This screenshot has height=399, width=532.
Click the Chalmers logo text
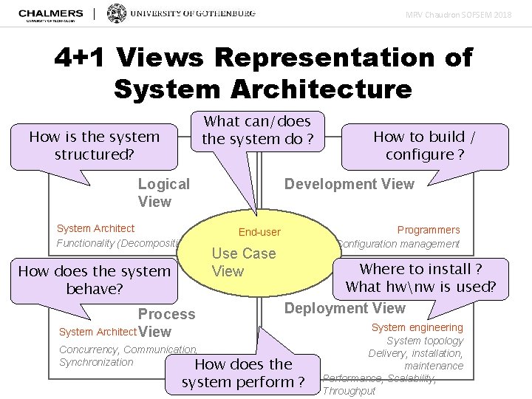50,13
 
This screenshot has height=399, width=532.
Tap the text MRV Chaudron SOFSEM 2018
468,14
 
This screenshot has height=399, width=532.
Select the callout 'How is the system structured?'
94,146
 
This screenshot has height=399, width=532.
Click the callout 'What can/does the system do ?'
257,130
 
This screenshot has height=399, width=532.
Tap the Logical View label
163,193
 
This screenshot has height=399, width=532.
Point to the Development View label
349,184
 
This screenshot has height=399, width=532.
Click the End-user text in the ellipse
259,232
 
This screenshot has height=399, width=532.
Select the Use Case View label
243,262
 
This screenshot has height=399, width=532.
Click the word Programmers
429,230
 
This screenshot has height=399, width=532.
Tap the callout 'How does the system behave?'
94,279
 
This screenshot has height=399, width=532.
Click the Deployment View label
345,308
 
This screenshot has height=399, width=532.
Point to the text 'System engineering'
417,327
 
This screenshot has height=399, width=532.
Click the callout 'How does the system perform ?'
243,373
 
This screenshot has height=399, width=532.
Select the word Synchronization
96,362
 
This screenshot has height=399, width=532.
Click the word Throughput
349,391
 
